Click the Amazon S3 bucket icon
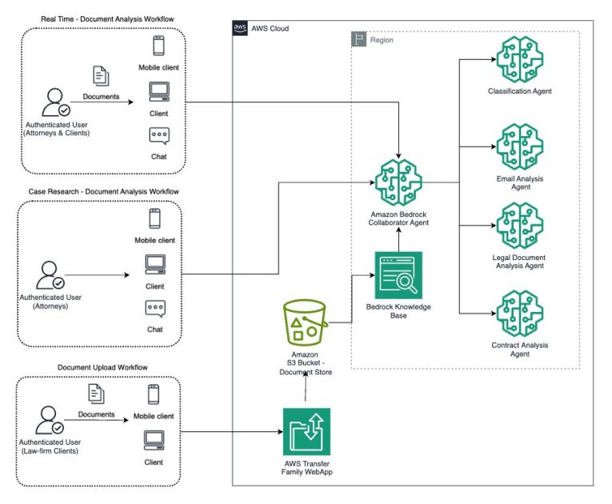[307, 322]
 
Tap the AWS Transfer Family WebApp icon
[306, 431]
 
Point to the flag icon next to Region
[359, 38]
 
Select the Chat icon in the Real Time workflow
[158, 136]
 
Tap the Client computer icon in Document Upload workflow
[154, 439]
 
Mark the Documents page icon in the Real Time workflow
[102, 76]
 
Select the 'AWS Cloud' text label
[270, 28]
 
